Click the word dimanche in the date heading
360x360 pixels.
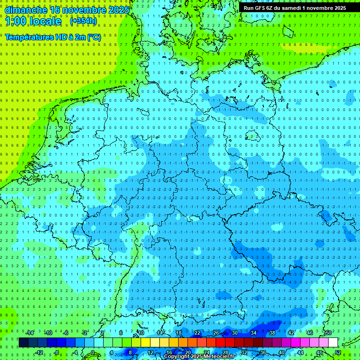26,9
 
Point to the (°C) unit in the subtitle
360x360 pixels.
93,37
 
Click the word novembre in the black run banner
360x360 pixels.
321,8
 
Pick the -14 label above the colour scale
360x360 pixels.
30,333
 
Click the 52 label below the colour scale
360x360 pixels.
338,352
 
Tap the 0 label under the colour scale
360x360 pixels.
93,352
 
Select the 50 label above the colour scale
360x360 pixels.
329,333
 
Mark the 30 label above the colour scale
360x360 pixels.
235,333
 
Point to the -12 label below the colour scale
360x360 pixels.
39,352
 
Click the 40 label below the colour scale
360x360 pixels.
282,352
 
